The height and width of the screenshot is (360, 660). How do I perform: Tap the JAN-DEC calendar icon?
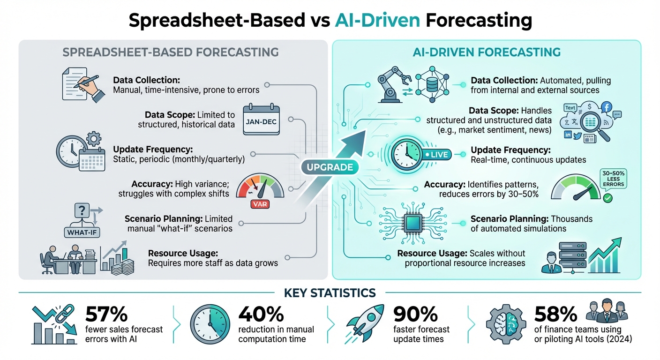tap(261, 120)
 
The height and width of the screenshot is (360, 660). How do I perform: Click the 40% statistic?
tap(261, 314)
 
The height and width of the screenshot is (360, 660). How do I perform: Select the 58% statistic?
tap(556, 314)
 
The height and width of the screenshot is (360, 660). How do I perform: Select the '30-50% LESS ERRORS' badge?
tap(613, 180)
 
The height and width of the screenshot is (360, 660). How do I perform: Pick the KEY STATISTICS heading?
tap(330, 293)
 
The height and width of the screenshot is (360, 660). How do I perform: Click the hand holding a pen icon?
tap(85, 84)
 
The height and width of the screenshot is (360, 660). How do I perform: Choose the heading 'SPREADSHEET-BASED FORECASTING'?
tap(171, 52)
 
